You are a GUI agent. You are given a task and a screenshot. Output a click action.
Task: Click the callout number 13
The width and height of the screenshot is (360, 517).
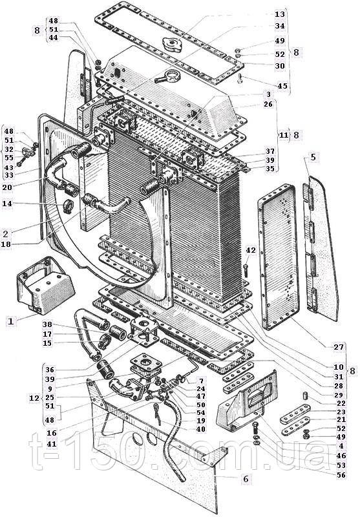pos(279,14)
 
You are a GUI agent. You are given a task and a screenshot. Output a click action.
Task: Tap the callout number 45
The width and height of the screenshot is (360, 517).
pos(282,86)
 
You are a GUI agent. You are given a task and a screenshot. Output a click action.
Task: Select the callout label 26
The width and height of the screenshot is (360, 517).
pos(268,104)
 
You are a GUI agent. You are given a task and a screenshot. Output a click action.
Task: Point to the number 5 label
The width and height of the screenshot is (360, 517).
pos(313,157)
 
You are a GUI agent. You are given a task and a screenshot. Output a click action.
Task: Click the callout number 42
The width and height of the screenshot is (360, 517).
pos(251,251)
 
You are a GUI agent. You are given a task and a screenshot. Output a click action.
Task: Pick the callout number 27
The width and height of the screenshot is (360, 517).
pos(339,347)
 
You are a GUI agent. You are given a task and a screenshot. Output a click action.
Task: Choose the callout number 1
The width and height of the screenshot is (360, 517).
pos(11,321)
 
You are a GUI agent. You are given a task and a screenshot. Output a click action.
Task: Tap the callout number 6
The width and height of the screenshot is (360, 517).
pos(246,479)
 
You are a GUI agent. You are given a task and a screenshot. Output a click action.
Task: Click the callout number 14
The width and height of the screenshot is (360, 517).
pos(7,204)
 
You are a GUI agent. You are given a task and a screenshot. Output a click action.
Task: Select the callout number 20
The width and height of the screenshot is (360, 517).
pos(7,187)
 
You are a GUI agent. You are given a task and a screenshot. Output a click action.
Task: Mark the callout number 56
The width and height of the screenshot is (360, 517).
pos(341,475)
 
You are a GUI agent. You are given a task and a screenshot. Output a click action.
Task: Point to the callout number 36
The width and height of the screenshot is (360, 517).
pos(50,370)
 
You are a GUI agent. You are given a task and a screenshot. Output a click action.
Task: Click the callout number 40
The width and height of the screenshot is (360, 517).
pos(200,429)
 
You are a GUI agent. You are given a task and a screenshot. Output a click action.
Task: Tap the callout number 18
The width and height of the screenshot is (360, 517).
pos(6,244)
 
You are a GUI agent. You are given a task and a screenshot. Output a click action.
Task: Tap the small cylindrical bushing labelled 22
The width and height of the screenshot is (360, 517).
pos(305,395)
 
